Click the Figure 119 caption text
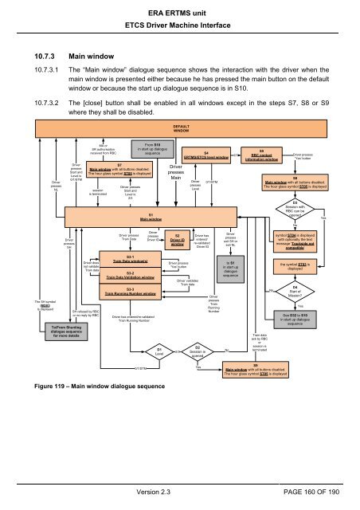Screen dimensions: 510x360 click(102, 389)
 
